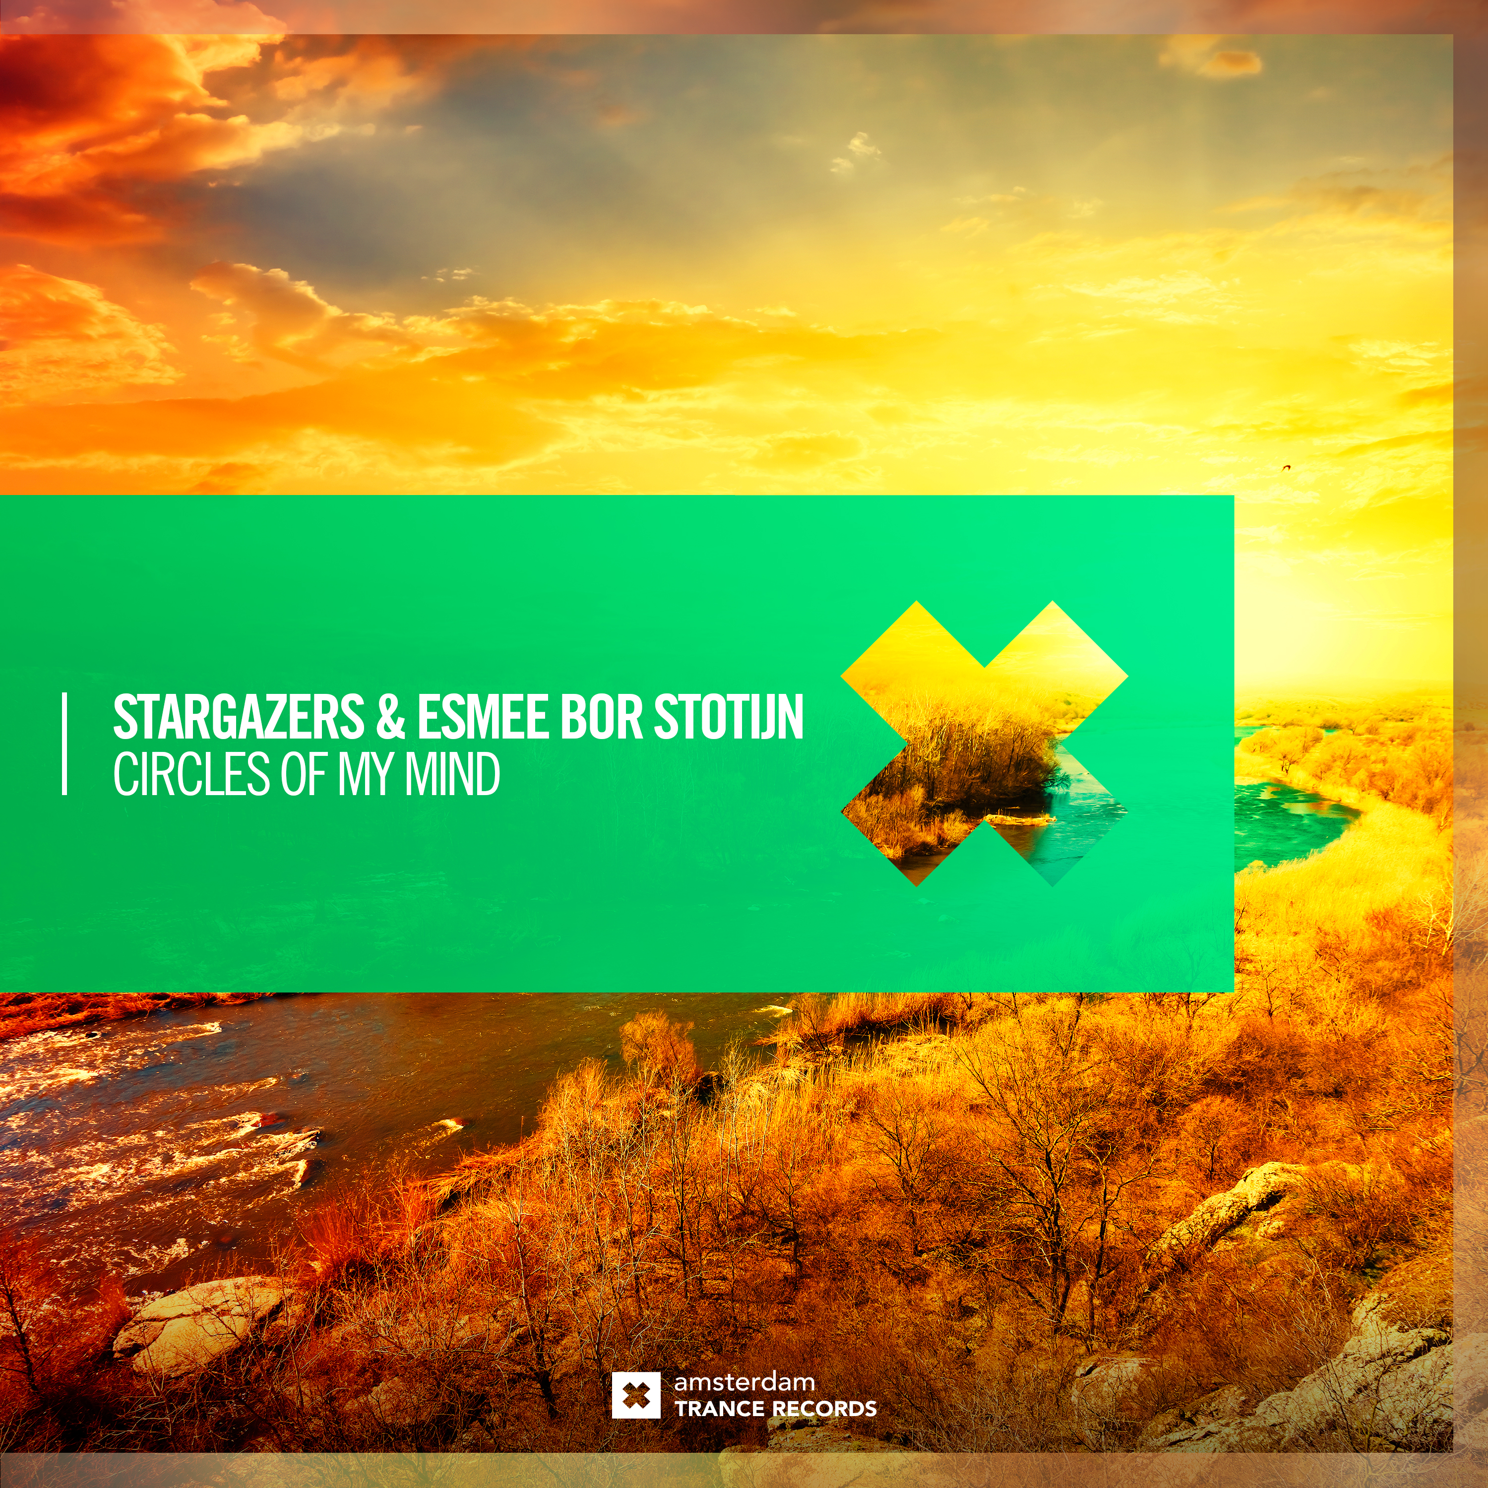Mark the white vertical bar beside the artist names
[64, 743]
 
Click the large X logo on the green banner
[984, 743]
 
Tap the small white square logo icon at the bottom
[635, 1395]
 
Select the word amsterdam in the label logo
[744, 1382]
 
